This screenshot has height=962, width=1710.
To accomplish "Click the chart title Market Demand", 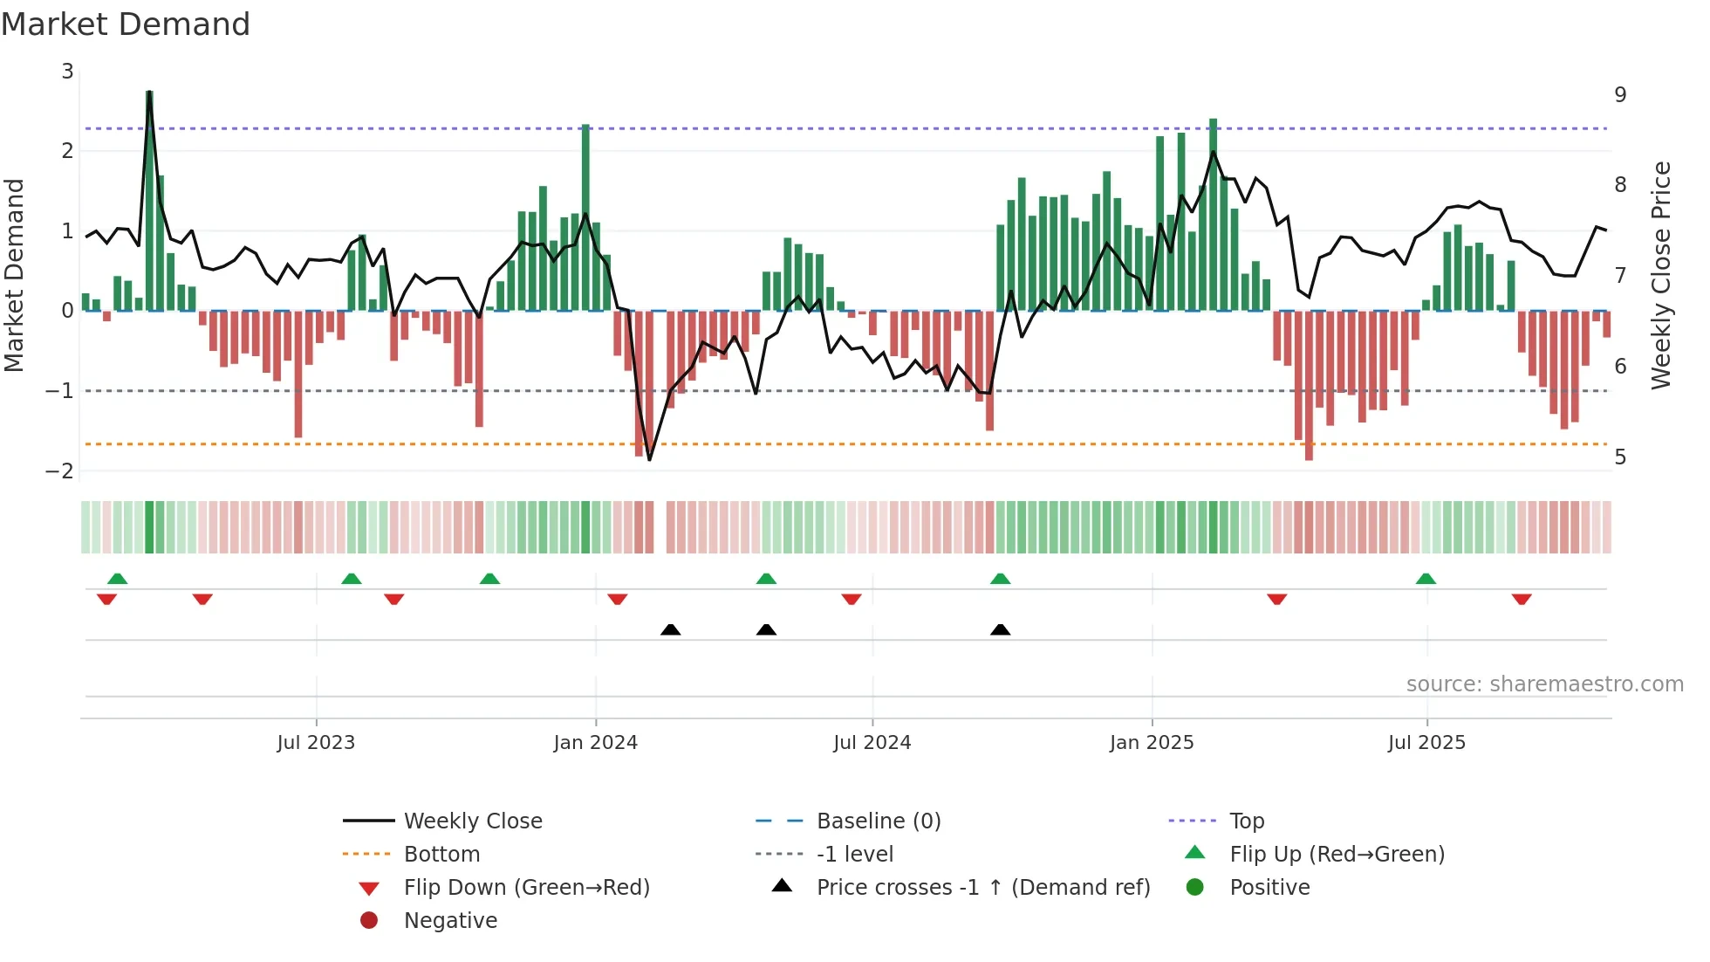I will tap(126, 24).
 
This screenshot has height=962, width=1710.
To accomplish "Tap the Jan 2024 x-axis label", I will tap(595, 743).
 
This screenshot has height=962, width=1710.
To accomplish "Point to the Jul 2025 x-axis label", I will tap(1426, 743).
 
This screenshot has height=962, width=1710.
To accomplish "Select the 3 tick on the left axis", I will tap(67, 72).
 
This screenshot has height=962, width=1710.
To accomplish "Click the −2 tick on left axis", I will tap(60, 471).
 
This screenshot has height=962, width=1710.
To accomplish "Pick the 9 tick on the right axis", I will tap(1620, 94).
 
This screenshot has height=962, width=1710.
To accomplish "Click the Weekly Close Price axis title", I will tap(1661, 275).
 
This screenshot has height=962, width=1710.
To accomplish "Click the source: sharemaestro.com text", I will tap(1544, 684).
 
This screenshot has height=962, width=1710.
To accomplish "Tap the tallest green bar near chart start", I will tap(149, 201).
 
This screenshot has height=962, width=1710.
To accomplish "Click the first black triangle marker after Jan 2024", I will tap(670, 629).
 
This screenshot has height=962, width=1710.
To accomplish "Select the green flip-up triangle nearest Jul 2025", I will tap(1426, 579).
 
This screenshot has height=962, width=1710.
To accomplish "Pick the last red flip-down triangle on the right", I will tap(1522, 599).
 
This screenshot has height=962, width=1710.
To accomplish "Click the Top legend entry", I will tap(1246, 821).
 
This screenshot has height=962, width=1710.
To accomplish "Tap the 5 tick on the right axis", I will tap(1620, 457).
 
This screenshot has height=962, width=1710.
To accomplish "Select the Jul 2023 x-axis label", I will tap(316, 743).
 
